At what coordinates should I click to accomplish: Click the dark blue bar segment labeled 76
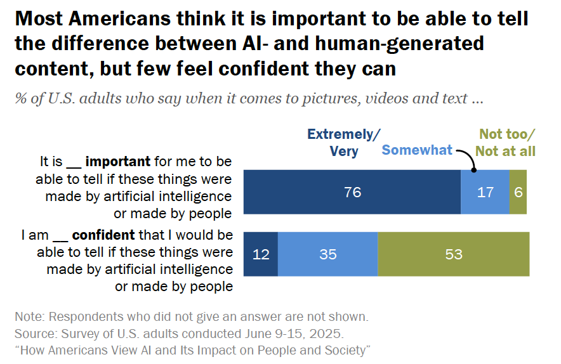coord(352,192)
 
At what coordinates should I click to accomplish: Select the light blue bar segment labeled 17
coord(485,192)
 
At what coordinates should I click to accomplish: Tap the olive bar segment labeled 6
coord(518,192)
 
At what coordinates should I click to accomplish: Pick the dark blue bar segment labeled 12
coord(261,254)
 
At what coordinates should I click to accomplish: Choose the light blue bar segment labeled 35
coord(328,254)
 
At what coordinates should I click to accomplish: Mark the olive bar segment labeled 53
coord(454,254)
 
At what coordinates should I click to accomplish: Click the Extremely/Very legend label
coord(344,143)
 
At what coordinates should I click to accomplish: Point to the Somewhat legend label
coord(417,150)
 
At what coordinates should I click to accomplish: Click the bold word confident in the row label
coord(103,235)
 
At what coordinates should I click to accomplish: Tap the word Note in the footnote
coord(28,316)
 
